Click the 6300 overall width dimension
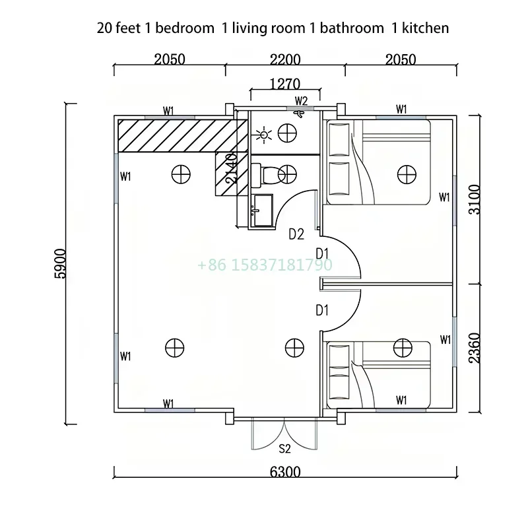285,472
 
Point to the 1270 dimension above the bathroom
285,84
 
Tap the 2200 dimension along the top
285,60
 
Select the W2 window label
301,101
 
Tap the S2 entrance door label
284,449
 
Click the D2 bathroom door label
296,234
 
